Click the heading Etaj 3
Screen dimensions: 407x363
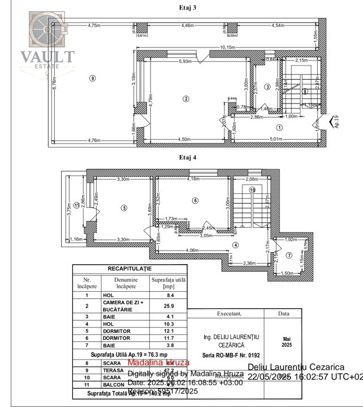pos(187,8)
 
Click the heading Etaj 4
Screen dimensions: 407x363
pos(187,158)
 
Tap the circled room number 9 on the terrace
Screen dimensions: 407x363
pos(92,79)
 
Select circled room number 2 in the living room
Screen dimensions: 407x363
pos(185,99)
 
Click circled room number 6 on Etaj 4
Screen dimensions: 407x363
pos(195,200)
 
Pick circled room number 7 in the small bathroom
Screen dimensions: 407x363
pos(288,255)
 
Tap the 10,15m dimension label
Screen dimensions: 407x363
pos(226,47)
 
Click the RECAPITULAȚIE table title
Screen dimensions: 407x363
pos(129,269)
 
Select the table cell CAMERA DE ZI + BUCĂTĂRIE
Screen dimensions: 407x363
pos(122,306)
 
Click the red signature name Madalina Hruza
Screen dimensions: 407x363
pos(158,362)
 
